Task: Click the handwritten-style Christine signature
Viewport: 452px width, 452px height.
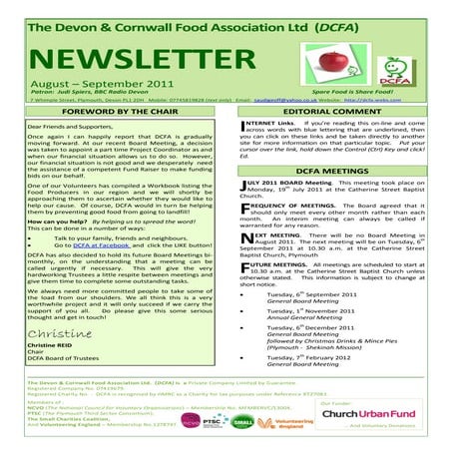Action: point(66,360)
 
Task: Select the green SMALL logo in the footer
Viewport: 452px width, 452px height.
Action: point(239,423)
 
